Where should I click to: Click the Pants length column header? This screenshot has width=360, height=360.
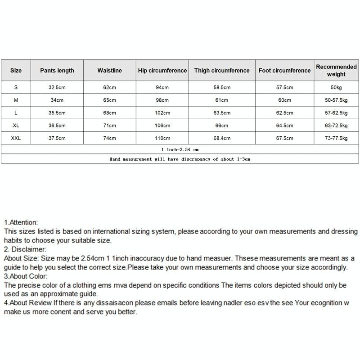[x=57, y=71]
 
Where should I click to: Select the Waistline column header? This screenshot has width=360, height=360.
[x=110, y=71]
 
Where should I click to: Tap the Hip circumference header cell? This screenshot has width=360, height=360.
[x=162, y=71]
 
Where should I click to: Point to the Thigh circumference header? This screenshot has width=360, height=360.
[x=222, y=71]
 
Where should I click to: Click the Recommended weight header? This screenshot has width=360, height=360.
[x=336, y=71]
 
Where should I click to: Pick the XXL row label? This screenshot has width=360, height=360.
[x=16, y=139]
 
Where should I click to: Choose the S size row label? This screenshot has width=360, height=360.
[x=16, y=88]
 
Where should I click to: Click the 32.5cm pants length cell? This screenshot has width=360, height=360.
[x=57, y=88]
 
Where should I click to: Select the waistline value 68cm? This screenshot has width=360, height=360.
[x=110, y=113]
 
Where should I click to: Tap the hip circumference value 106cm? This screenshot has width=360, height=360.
[x=162, y=126]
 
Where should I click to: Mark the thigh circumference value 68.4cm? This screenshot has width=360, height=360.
[x=222, y=139]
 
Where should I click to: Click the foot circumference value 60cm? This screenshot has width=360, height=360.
[x=284, y=100]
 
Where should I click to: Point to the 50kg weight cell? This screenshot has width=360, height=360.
[x=336, y=88]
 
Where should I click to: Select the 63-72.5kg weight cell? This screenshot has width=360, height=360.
[x=336, y=126]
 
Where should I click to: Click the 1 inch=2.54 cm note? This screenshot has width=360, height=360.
[x=180, y=149]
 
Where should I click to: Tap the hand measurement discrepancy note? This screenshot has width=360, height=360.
[x=180, y=159]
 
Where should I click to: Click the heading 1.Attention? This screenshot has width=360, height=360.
[x=21, y=222]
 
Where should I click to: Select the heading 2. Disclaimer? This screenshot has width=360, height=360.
[x=25, y=249]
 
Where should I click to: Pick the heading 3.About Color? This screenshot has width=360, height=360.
[x=26, y=276]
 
